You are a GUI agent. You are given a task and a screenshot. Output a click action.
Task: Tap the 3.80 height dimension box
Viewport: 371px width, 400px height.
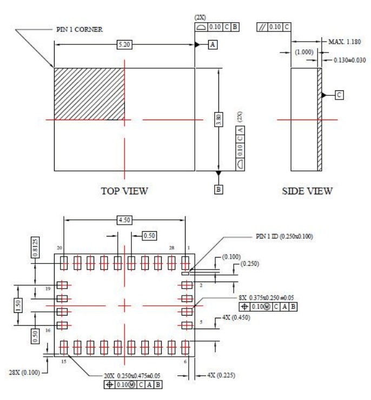218,119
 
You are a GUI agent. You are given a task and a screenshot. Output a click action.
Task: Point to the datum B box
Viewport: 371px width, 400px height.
218,188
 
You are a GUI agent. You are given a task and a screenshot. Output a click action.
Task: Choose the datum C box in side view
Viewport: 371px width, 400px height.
339,94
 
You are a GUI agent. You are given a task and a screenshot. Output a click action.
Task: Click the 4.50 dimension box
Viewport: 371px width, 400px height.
124,220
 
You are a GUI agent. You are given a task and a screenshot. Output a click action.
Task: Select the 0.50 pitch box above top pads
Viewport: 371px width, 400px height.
148,235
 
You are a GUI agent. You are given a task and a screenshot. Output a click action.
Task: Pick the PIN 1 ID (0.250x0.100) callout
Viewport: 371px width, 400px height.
283,236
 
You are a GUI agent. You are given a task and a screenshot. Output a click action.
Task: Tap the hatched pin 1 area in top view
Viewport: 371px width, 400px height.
89,94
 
